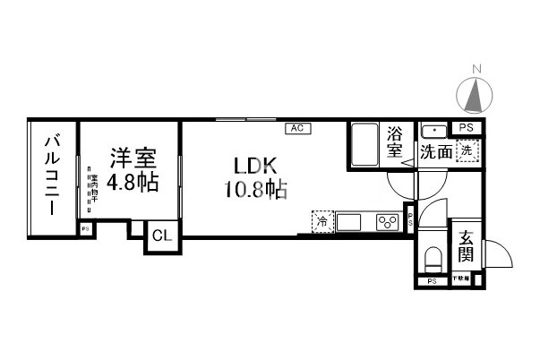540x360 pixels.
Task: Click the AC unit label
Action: coord(296,128)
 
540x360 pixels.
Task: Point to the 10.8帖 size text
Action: coord(257,190)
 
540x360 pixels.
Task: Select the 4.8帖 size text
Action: coord(133,184)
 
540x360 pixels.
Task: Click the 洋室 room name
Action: coord(133,159)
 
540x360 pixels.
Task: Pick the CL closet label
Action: coord(162,236)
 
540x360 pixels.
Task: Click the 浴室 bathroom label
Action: coord(395,143)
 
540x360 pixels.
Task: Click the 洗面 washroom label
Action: coord(436,152)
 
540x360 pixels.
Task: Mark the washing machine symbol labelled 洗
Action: coord(466,151)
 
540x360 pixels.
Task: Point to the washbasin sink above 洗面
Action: coord(433,129)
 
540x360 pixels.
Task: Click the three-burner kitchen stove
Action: coord(388,221)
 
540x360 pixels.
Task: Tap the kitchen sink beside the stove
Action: coord(349,220)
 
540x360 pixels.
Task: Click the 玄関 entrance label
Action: coord(466,247)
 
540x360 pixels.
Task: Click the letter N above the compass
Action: coord(478,69)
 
